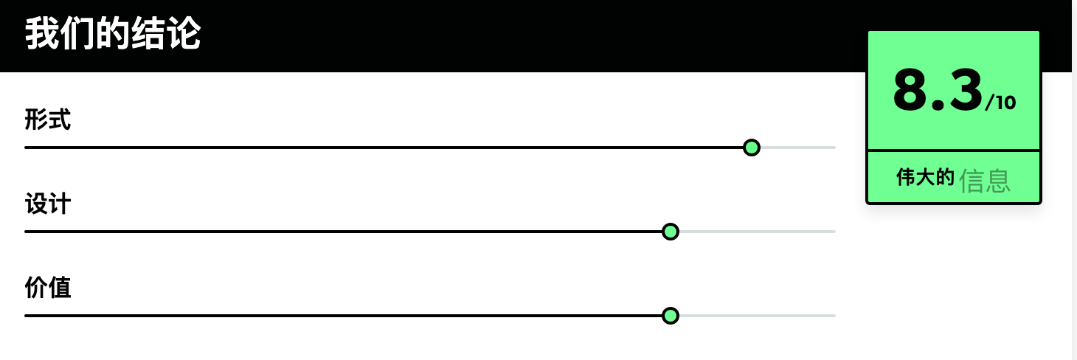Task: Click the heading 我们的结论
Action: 113,33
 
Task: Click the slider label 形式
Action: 48,120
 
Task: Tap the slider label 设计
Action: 48,204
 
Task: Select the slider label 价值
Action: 48,288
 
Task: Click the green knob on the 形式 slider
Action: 752,148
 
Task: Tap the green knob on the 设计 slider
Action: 671,232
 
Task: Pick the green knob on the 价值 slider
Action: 671,316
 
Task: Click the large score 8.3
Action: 938,90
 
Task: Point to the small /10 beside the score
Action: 1000,103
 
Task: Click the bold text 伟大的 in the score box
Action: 925,177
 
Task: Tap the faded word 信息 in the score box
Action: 985,181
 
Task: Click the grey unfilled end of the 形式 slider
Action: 798,148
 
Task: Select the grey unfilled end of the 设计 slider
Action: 758,232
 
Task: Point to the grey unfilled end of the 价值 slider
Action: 758,316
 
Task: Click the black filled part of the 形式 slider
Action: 383,148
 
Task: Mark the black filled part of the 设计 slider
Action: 343,232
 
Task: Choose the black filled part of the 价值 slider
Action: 343,316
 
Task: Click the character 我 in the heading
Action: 42,33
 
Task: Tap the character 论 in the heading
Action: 183,33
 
